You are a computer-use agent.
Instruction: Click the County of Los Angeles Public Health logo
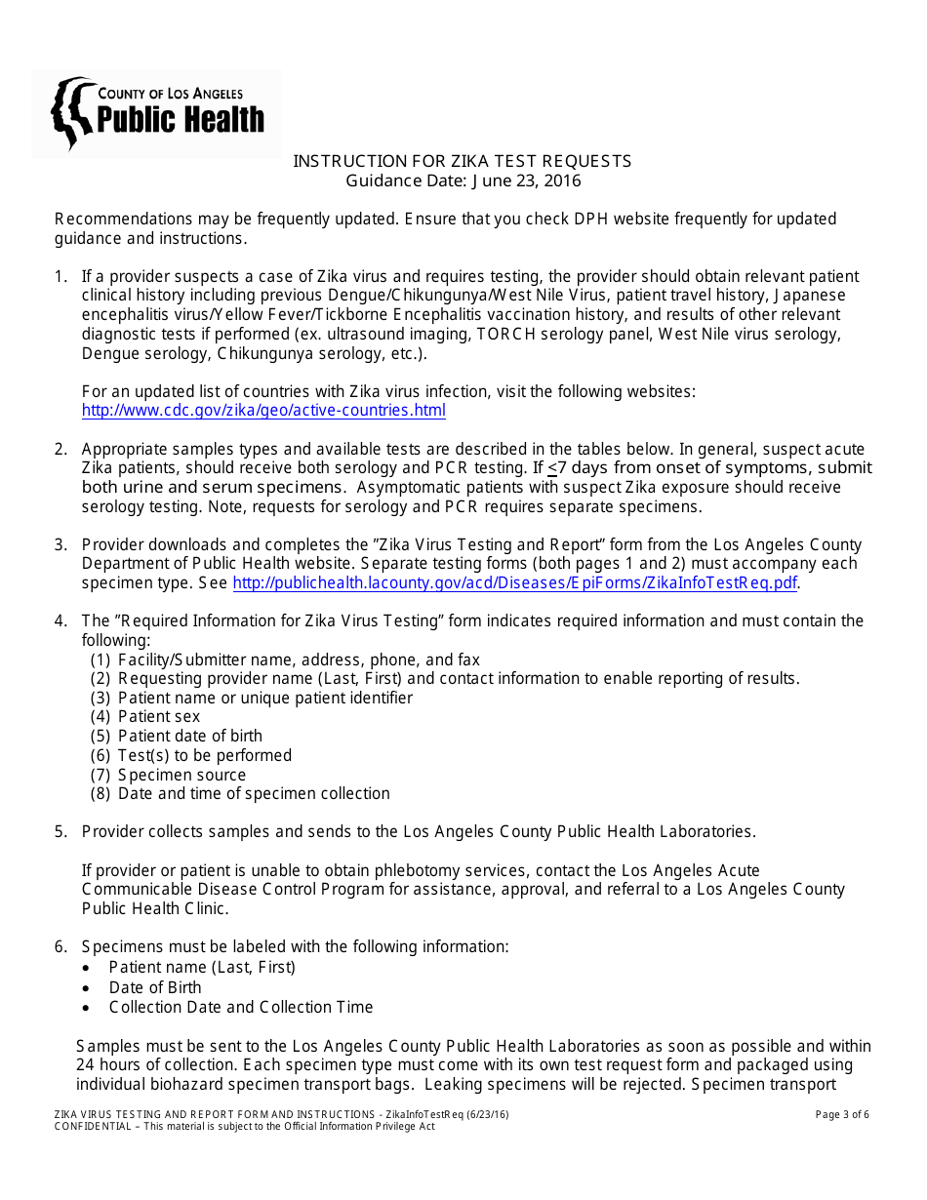click(156, 112)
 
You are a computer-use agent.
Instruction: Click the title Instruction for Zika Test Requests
click(463, 161)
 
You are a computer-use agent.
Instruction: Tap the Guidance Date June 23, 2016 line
click(463, 180)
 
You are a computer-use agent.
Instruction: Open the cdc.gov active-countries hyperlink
click(263, 411)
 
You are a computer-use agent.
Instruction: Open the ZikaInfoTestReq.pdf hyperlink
click(514, 583)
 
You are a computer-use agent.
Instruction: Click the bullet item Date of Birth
click(155, 987)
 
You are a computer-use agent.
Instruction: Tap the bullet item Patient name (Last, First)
click(202, 968)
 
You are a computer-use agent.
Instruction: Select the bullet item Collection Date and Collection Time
click(241, 1007)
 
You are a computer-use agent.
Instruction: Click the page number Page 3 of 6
click(841, 1115)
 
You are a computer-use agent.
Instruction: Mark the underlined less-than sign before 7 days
click(553, 468)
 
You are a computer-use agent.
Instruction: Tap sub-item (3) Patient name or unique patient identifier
click(264, 698)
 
